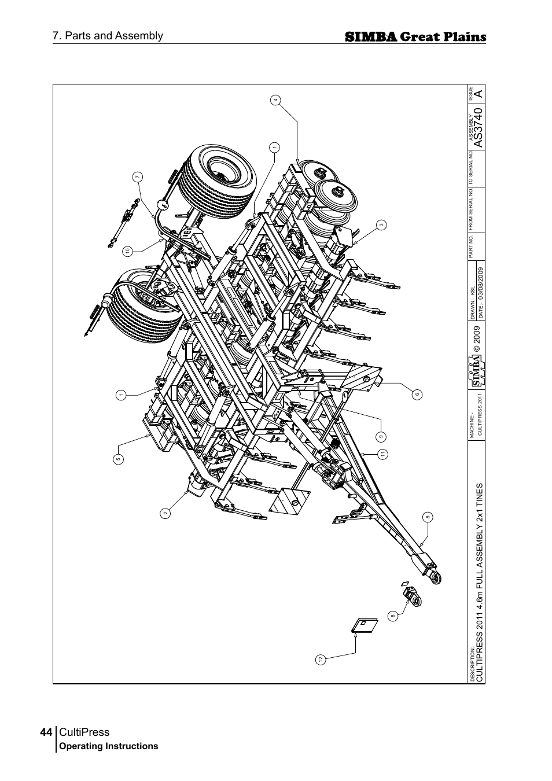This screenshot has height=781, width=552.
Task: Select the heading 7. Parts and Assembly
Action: click(108, 36)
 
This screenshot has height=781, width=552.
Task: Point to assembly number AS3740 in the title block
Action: click(477, 126)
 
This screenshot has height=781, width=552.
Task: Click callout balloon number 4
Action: click(276, 100)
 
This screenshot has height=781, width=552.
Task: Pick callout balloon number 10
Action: click(126, 250)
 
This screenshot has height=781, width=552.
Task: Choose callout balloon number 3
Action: click(381, 224)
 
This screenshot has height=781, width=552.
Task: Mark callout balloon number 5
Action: click(118, 459)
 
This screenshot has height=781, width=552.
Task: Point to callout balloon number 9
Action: click(381, 436)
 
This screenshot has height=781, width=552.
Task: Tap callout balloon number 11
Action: click(382, 454)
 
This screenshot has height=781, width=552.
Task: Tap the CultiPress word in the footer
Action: click(84, 732)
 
